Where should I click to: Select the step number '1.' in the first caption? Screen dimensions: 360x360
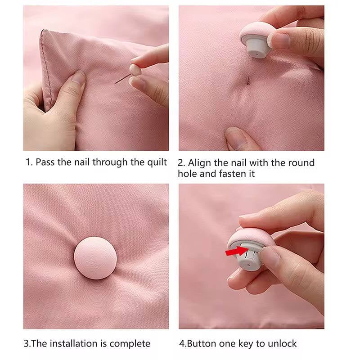(x=28, y=162)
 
